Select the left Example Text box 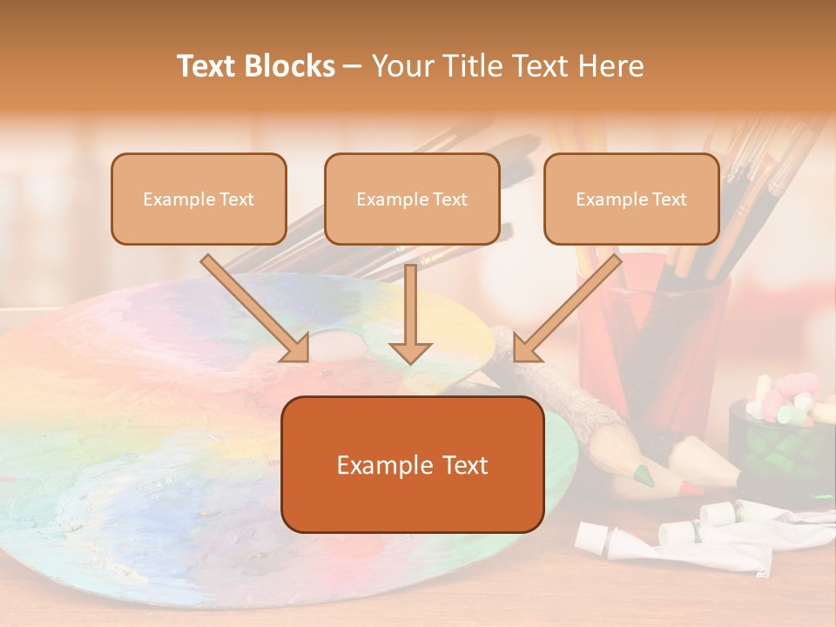point(199,199)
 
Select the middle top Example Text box point(412,199)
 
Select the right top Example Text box point(631,199)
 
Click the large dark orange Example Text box point(412,465)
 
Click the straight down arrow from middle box point(410,313)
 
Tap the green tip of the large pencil point(644,475)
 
